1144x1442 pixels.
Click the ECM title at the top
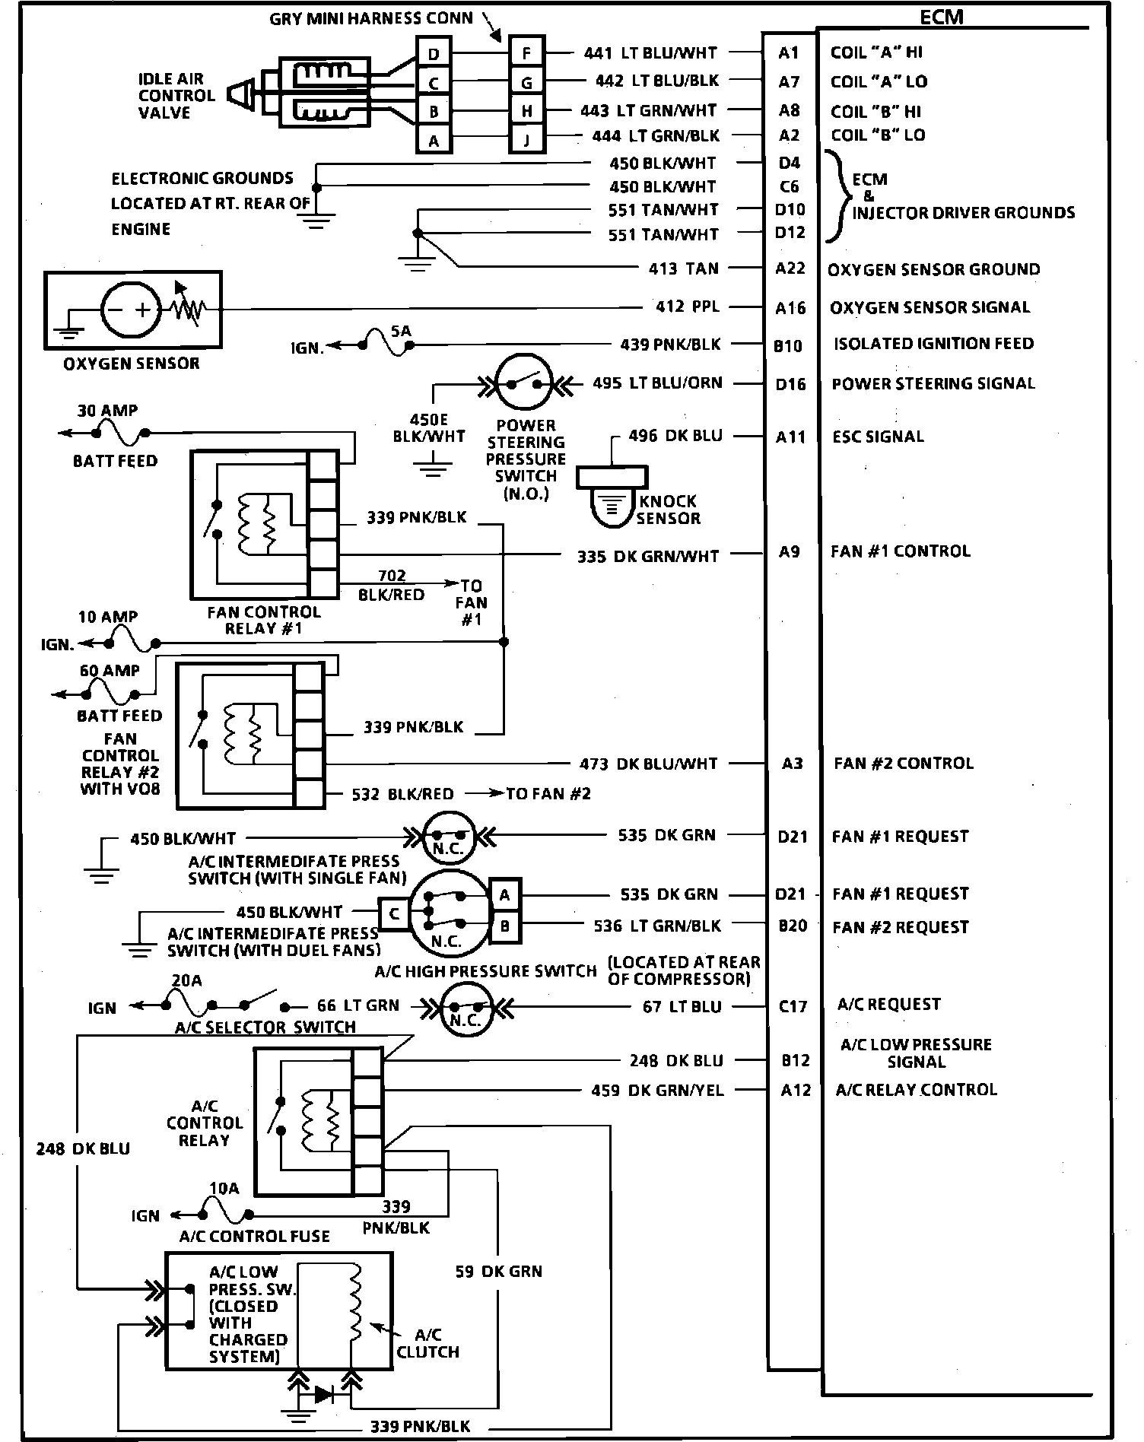pos(942,17)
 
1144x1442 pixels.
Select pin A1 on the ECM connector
pos(789,52)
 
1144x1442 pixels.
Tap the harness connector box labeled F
pos(526,53)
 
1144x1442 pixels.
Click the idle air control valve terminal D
pos(434,54)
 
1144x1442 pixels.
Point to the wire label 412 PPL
pos(687,307)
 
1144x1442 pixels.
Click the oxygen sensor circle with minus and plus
pos(130,310)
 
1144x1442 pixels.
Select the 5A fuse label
pos(401,332)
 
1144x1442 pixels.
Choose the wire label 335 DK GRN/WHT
pos(647,557)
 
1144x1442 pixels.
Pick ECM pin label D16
pos(790,384)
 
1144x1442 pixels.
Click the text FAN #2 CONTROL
pos(904,763)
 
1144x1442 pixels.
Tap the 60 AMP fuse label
pos(110,671)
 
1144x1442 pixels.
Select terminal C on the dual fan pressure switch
pos(394,914)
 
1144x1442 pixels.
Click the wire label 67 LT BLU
pos(682,1007)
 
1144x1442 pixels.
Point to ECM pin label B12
pos(795,1060)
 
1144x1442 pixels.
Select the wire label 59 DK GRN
pos(498,1271)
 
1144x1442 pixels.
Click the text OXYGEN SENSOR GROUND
pos(933,269)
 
